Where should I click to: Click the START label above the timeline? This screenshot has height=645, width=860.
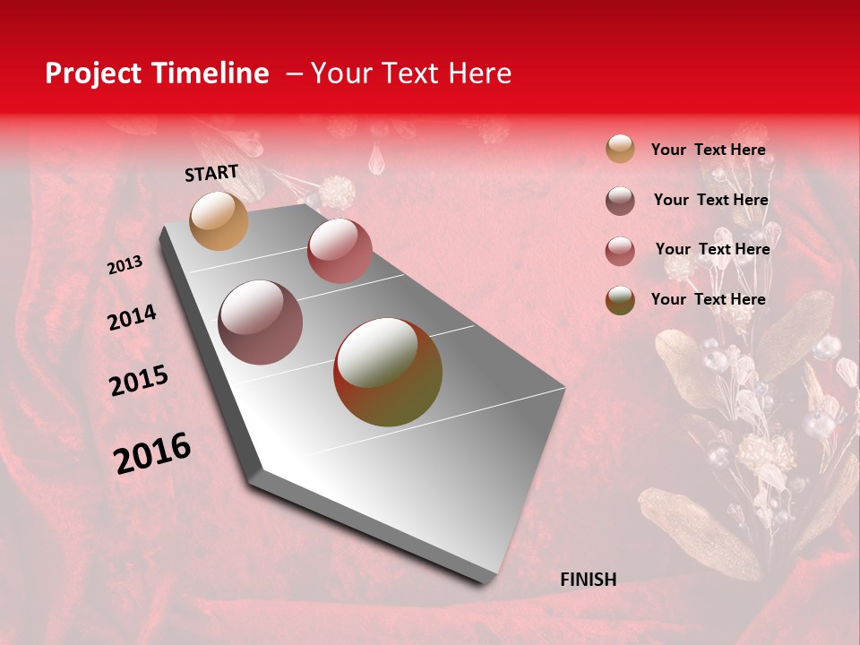pyautogui.click(x=211, y=173)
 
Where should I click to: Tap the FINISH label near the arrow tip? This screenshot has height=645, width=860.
pyautogui.click(x=589, y=580)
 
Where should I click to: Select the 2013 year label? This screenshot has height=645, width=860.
pyautogui.click(x=125, y=265)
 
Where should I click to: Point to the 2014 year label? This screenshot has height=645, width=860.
pyautogui.click(x=132, y=318)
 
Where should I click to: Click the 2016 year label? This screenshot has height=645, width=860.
pyautogui.click(x=152, y=453)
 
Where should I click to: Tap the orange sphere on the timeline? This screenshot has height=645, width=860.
pyautogui.click(x=219, y=220)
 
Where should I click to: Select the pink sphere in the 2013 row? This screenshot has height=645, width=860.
pyautogui.click(x=340, y=250)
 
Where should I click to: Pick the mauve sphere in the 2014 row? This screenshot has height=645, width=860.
pyautogui.click(x=261, y=322)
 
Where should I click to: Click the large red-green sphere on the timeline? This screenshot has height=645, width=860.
pyautogui.click(x=388, y=372)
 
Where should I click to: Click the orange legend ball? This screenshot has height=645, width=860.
pyautogui.click(x=620, y=149)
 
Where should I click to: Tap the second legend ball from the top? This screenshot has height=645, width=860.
pyautogui.click(x=620, y=201)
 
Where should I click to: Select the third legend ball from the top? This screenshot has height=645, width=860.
pyautogui.click(x=620, y=251)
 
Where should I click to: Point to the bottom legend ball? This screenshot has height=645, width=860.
pyautogui.click(x=620, y=300)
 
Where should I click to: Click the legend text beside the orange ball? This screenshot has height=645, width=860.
pyautogui.click(x=708, y=150)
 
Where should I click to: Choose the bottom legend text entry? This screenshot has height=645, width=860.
pyautogui.click(x=708, y=299)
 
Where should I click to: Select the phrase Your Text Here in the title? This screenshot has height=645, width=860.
pyautogui.click(x=411, y=73)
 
